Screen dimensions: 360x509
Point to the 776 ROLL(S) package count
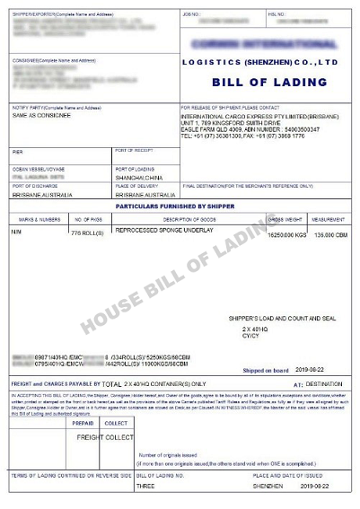[87, 233]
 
